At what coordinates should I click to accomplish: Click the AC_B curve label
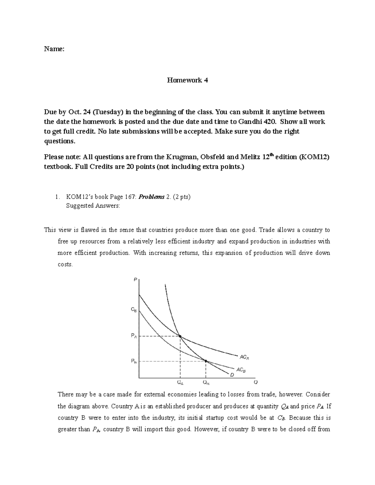point(241,370)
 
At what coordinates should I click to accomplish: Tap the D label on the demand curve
point(232,375)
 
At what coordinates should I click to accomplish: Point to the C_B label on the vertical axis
point(133,310)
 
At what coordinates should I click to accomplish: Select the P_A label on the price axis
point(133,336)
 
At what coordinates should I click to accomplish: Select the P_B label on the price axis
point(133,361)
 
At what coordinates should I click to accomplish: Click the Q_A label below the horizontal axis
point(180,382)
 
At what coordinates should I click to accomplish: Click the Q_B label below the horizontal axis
point(206,382)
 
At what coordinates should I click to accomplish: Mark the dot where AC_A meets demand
point(180,336)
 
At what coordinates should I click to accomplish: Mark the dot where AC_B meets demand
point(206,361)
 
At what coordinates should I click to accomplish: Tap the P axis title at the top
point(135,280)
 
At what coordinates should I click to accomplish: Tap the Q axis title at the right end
point(256,382)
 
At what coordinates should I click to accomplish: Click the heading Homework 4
point(187,80)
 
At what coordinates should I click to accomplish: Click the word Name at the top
point(54,49)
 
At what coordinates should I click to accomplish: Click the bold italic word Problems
point(152,197)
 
